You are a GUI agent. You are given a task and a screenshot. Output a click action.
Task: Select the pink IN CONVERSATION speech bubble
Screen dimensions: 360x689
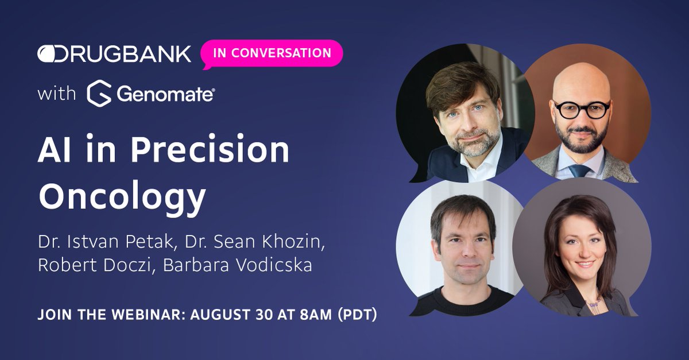[272, 53]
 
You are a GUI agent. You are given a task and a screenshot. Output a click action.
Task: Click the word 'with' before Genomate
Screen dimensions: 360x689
[57, 93]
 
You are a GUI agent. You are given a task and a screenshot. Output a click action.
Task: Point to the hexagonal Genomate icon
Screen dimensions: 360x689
[99, 94]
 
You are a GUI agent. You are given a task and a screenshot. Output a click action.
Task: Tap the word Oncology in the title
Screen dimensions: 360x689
[122, 196]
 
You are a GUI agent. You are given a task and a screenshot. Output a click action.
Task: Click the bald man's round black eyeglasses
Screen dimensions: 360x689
[581, 109]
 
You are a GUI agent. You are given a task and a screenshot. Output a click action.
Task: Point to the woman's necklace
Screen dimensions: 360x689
[593, 301]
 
